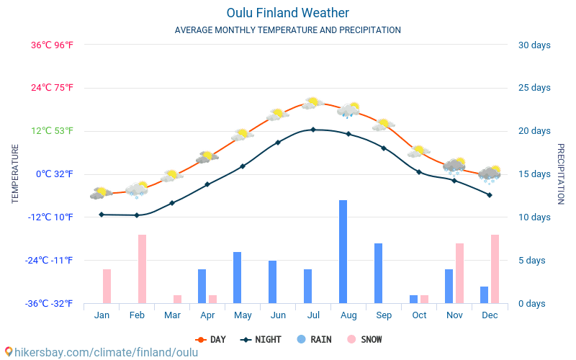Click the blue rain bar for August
coord(343,251)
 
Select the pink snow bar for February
coord(143,269)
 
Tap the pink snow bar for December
coord(495,269)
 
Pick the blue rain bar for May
coord(237,277)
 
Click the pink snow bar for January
coord(107,286)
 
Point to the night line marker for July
coord(313,130)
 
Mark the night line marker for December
coord(490,195)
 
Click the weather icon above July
coord(312,104)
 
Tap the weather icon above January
coord(101,193)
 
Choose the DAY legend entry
coord(210,339)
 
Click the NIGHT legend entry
coord(261,339)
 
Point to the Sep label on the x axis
coord(384,315)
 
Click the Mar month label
coord(172,315)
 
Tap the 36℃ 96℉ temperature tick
coord(52,45)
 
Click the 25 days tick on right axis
coord(534,88)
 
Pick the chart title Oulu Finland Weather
coord(288,13)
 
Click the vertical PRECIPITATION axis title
coord(561,174)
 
